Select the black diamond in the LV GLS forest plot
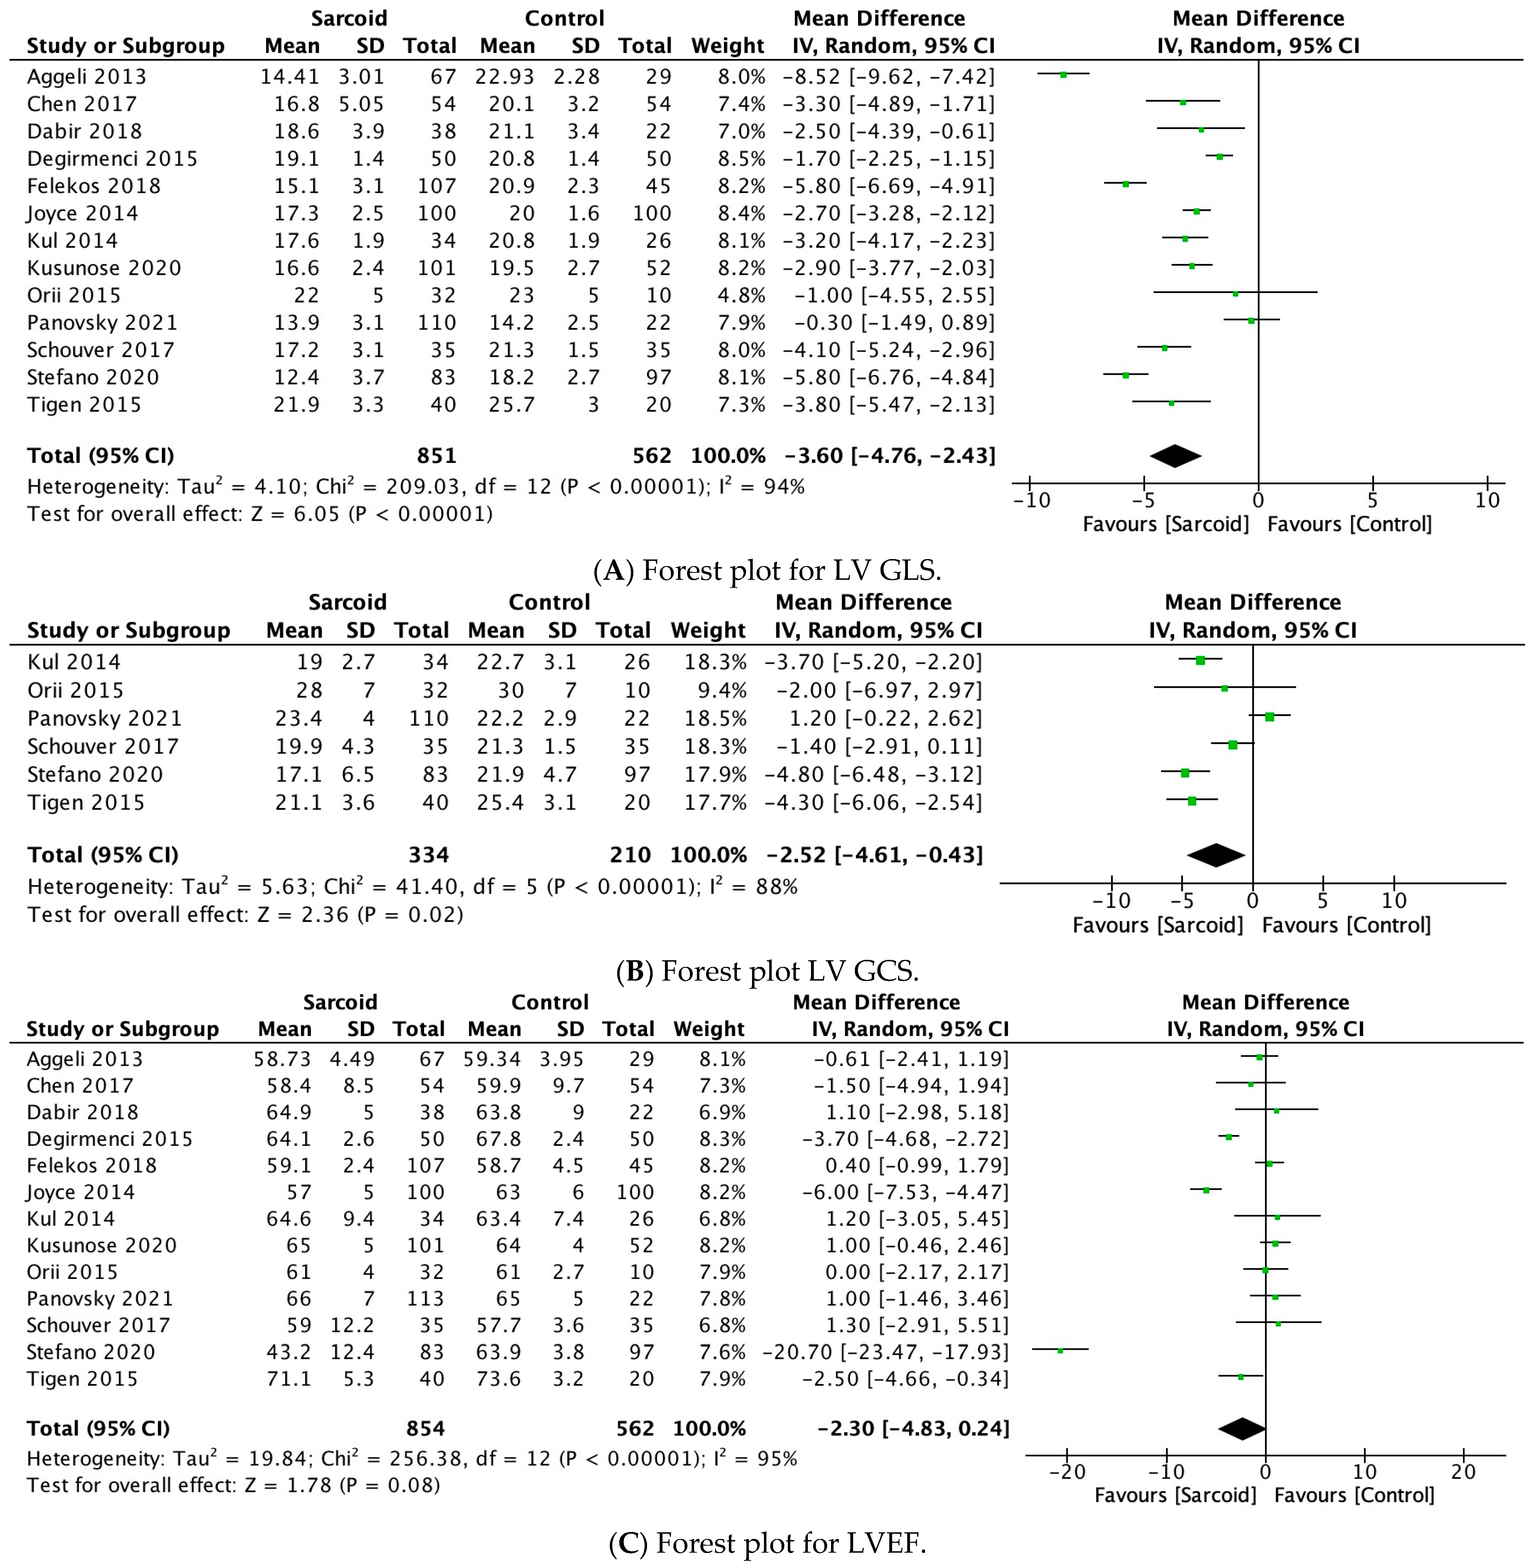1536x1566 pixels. pos(1175,456)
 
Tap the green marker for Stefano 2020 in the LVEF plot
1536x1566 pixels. pos(1060,1350)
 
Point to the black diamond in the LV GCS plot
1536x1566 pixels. pos(1216,855)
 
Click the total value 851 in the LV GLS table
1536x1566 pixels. pos(436,456)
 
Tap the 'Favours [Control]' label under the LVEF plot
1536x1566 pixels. pos(1354,1495)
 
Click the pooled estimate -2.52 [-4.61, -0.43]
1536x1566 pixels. pos(874,855)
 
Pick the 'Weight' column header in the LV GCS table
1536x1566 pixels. pos(708,630)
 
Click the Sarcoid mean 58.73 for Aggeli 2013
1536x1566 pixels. pos(282,1059)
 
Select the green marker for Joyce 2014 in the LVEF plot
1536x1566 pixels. pos(1206,1190)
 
